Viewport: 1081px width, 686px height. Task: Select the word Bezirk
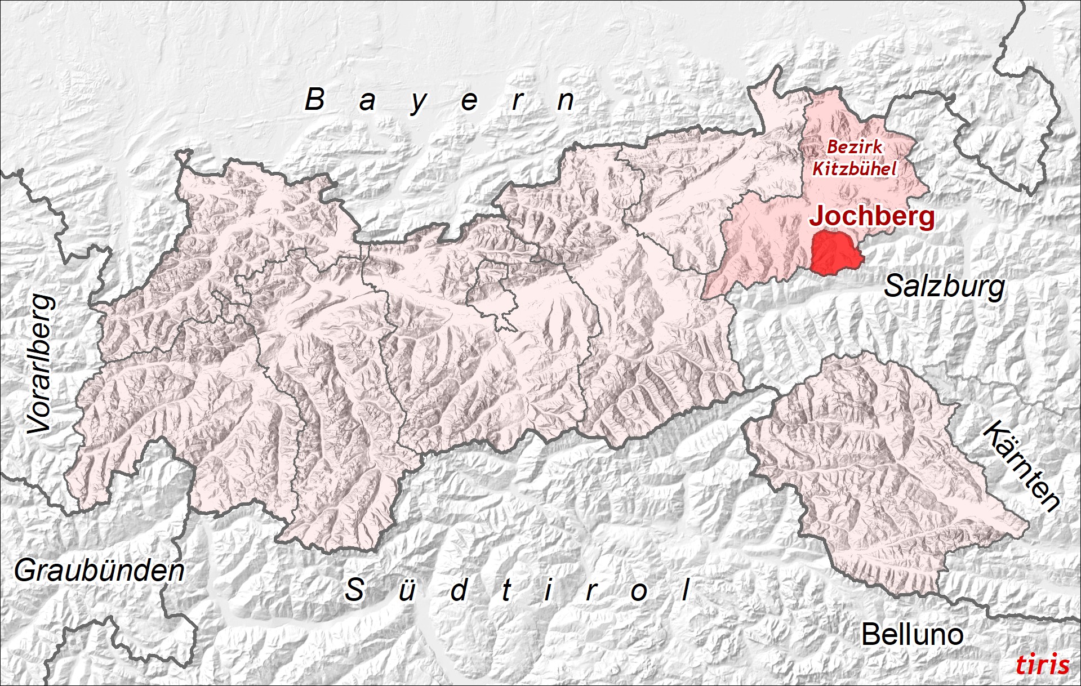(x=855, y=148)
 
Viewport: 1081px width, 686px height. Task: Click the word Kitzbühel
(x=854, y=168)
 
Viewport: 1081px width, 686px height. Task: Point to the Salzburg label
(x=944, y=287)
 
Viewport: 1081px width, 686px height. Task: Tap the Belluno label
(x=912, y=635)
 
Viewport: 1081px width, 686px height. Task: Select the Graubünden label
(x=99, y=571)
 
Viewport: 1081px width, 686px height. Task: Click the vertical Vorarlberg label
(x=42, y=364)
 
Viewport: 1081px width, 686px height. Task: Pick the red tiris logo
(x=1042, y=665)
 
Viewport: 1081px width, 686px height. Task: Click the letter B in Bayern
(x=315, y=100)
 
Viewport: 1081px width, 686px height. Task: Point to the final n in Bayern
(x=566, y=101)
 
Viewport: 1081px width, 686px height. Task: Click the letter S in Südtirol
(x=354, y=590)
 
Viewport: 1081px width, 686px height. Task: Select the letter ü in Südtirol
(x=407, y=590)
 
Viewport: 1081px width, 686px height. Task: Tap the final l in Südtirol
(x=686, y=590)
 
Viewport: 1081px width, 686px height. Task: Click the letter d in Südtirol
(x=459, y=590)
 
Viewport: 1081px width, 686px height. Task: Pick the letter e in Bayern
(x=469, y=102)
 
